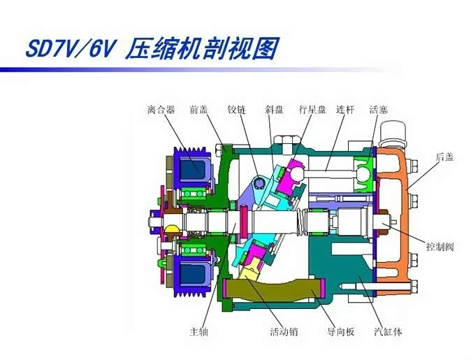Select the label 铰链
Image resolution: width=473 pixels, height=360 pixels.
[x=236, y=110]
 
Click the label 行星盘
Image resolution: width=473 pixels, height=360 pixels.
[x=312, y=110]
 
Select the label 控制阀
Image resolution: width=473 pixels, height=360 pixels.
[x=440, y=246]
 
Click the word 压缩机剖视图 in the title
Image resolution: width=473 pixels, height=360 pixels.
[x=203, y=50]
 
